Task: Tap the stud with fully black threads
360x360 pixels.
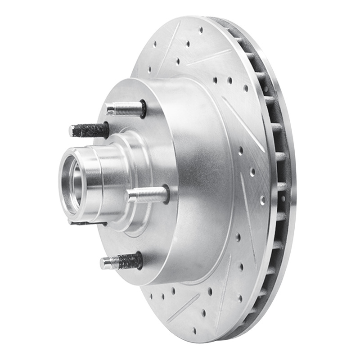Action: [90, 130]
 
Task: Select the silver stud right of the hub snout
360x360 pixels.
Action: [147, 195]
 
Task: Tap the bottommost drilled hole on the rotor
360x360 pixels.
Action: [194, 331]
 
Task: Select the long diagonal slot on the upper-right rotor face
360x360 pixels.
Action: [243, 124]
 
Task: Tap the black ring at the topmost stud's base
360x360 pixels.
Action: [143, 108]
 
